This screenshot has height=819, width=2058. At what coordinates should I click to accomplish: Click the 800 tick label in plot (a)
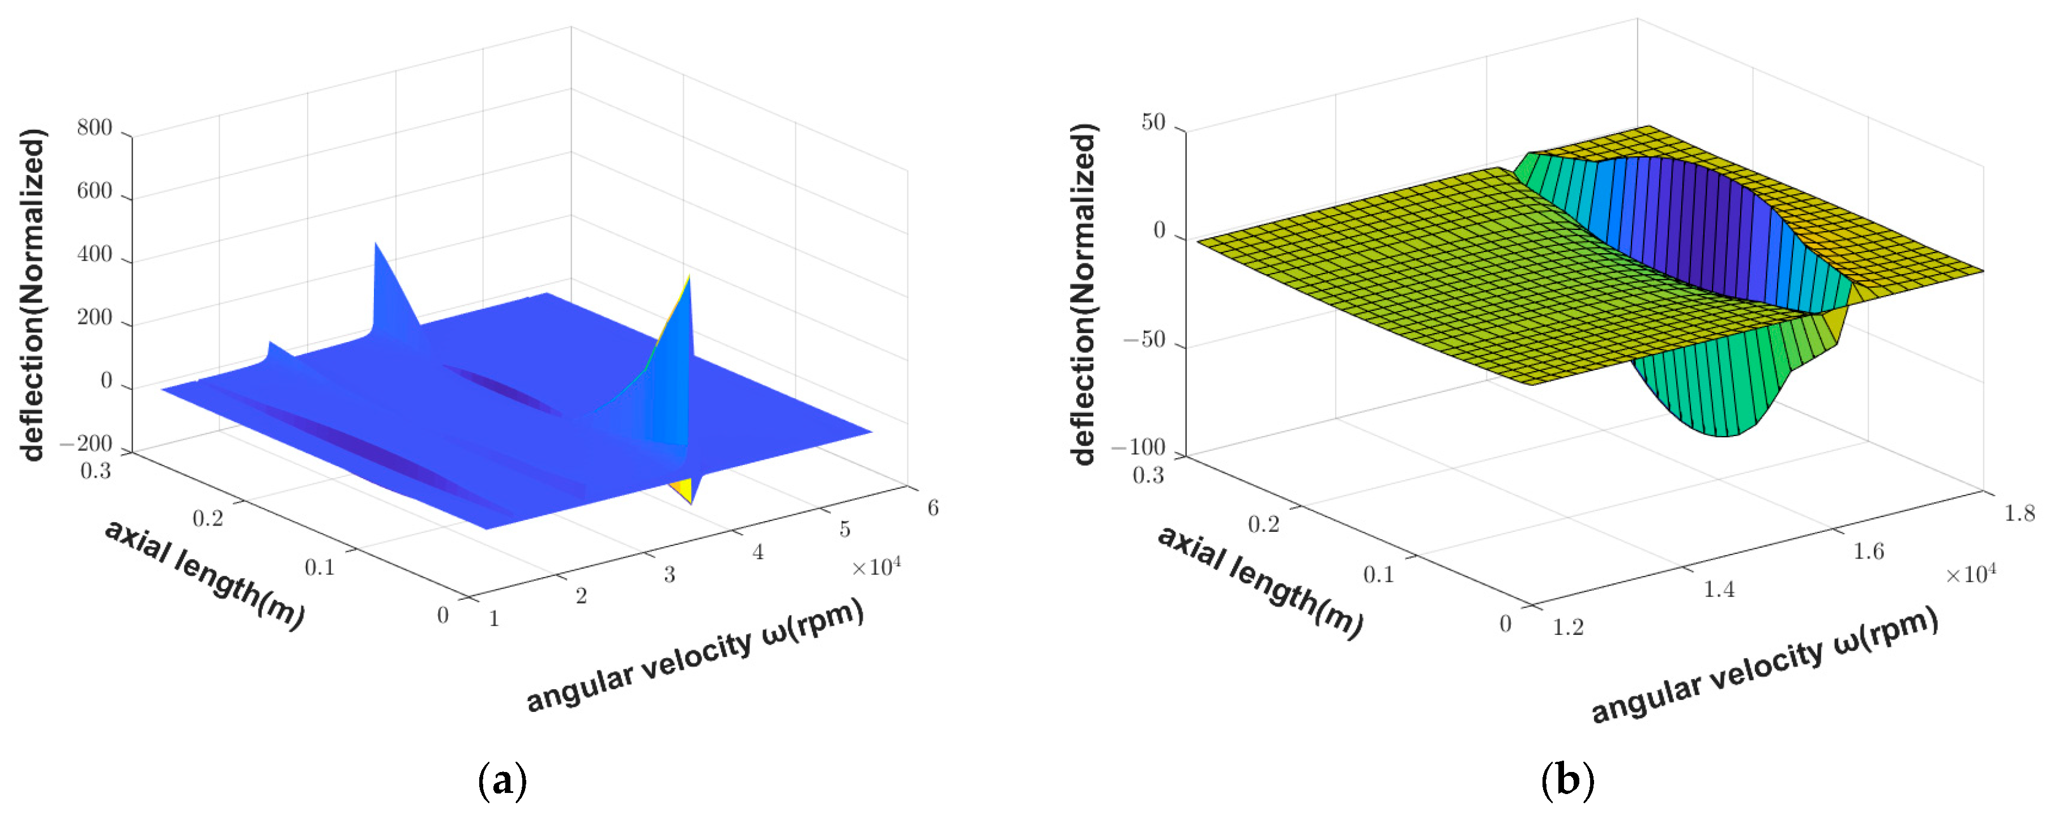(94, 128)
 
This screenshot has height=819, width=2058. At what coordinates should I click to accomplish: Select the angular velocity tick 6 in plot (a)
(932, 508)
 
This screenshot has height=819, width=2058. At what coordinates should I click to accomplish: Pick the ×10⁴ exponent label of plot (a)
(876, 568)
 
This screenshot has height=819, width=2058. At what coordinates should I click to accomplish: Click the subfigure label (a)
(502, 780)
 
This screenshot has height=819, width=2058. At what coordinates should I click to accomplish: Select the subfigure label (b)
(1567, 780)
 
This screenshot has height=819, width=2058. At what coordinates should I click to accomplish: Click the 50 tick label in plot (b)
(1153, 123)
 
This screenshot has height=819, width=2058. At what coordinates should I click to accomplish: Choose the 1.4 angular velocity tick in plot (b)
(1719, 590)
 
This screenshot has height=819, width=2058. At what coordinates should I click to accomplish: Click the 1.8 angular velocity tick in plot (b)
(2019, 513)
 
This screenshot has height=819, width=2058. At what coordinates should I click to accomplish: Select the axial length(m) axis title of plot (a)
(204, 574)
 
